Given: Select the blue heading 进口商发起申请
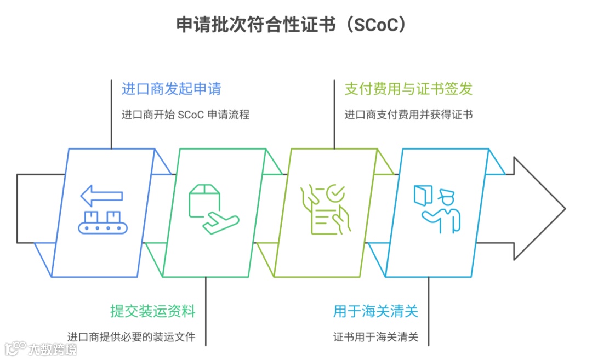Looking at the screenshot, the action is point(171,89).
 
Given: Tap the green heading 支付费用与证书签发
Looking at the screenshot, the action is point(408,89).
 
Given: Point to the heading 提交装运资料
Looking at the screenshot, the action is point(152,312).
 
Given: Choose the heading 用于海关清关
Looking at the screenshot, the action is point(375,312).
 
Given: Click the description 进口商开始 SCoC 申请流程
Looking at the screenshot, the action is point(185,115).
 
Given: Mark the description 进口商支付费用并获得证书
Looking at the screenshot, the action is point(408,115).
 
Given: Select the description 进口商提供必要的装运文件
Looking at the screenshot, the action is point(131,336).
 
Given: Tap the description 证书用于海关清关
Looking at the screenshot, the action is point(375,336).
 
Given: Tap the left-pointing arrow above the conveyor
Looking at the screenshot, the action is point(101,196).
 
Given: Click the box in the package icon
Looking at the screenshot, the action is point(204,198).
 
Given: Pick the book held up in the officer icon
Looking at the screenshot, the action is point(423,195).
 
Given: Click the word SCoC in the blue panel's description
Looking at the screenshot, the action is point(192,115).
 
